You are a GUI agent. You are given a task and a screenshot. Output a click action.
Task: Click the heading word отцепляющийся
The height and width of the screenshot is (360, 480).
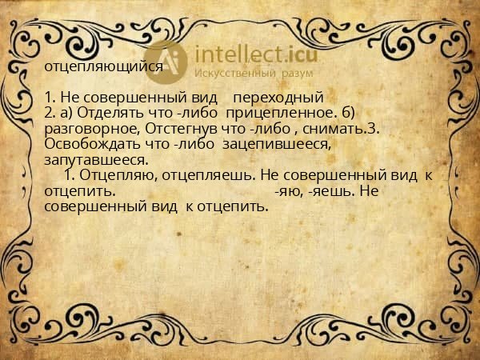pyautogui.click(x=104, y=67)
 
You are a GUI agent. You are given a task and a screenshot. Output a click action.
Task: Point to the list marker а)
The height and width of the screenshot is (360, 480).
pyautogui.click(x=64, y=114)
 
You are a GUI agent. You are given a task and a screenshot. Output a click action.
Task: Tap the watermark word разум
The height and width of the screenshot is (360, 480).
pyautogui.click(x=297, y=74)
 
